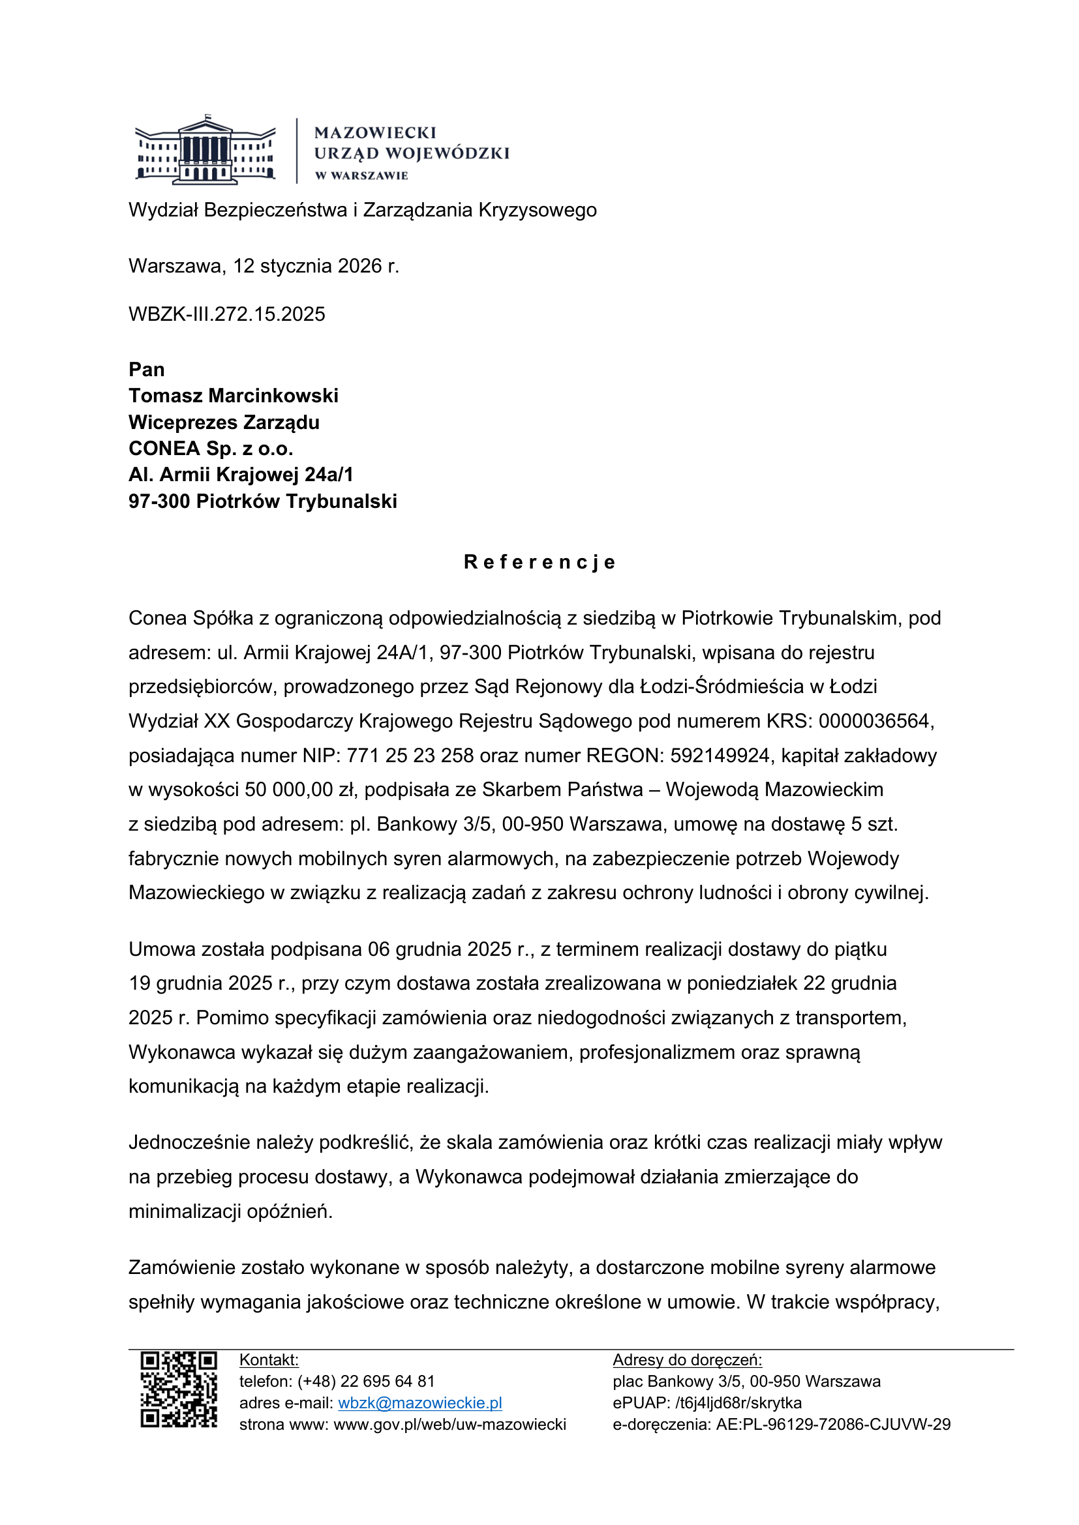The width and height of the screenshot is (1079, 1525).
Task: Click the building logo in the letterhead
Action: (205, 150)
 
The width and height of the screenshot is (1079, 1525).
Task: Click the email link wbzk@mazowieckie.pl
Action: (420, 1403)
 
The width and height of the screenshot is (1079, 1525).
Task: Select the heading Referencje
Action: (539, 562)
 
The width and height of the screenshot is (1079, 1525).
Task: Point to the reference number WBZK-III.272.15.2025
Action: (226, 314)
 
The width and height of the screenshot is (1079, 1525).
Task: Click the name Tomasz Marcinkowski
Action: (233, 396)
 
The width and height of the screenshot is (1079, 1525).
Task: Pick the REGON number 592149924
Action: (720, 755)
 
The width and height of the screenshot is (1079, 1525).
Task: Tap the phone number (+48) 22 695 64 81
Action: (366, 1382)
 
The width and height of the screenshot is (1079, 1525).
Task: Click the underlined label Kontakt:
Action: (269, 1359)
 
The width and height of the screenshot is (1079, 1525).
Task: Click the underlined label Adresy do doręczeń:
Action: (687, 1359)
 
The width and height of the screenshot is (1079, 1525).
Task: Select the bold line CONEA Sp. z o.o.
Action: (211, 449)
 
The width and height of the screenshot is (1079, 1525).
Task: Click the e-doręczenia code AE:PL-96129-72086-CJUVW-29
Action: (833, 1424)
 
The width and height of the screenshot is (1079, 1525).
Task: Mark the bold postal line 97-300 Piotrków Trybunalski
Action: (262, 501)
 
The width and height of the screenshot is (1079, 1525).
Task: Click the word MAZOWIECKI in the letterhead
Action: (375, 133)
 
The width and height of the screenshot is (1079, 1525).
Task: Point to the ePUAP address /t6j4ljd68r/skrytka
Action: (738, 1403)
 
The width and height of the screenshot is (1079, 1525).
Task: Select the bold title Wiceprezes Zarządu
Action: (224, 422)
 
